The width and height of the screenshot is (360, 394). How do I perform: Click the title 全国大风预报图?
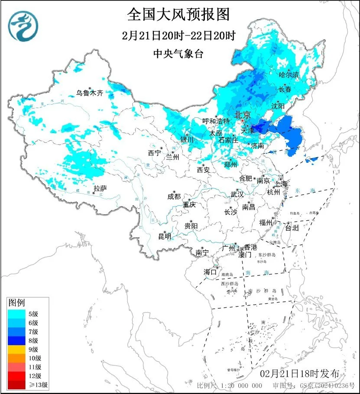[178, 14]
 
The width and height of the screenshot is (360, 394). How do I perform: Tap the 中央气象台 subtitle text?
[178, 54]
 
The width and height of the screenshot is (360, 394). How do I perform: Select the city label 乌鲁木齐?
[90, 93]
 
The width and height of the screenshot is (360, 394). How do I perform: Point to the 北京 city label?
[243, 115]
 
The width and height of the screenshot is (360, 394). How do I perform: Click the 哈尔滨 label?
[289, 75]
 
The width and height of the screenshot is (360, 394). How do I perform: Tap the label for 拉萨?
[100, 188]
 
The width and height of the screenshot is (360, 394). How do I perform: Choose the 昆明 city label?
[165, 236]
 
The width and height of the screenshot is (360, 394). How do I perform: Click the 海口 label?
[210, 272]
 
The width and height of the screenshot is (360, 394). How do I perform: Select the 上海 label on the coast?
[281, 184]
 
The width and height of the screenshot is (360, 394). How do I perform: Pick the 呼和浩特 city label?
[216, 121]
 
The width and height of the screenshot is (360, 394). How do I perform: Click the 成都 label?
[174, 196]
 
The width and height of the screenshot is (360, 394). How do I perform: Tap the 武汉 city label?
[237, 194]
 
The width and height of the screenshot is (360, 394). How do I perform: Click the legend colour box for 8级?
[17, 340]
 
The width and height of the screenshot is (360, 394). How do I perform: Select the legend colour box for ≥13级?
[17, 384]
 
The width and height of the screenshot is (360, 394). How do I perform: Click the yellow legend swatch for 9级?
[17, 349]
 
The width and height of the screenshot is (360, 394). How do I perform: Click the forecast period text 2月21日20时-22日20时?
[178, 35]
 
